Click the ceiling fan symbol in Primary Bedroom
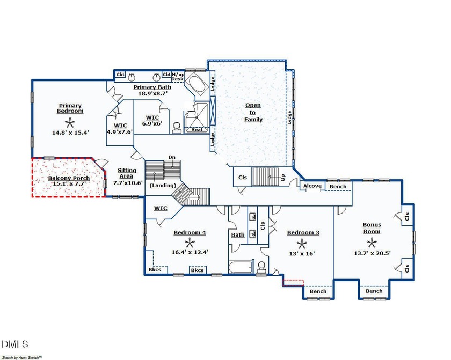coord(69,124)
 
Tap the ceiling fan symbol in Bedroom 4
coord(189,244)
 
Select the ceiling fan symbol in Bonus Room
coord(371,244)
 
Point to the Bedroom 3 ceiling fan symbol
coord(302,244)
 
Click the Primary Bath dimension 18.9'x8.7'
coord(152,93)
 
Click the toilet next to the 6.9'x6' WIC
coord(176,128)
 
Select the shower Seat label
coord(197,130)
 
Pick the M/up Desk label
coord(178,77)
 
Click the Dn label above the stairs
coord(172,157)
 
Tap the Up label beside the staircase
coord(283,177)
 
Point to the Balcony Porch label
coord(69,178)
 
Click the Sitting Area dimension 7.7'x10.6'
coord(128,183)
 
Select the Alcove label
coord(312,186)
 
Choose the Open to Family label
coord(253,112)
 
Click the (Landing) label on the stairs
coord(163,186)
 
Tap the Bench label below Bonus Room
coord(374,291)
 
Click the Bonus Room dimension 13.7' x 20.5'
coord(372,253)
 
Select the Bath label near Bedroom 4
coord(238,235)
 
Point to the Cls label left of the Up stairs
coord(243,177)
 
